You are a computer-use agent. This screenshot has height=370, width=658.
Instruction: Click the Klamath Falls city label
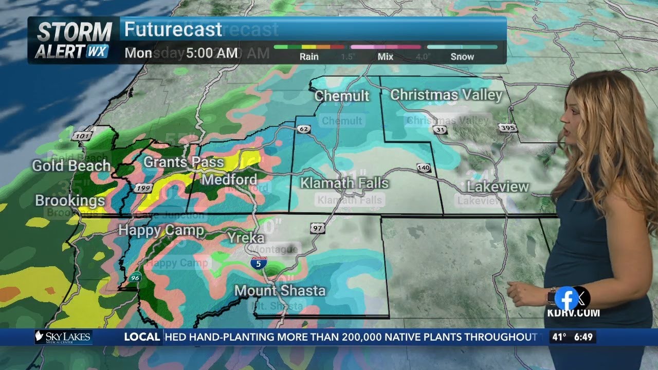[x=344, y=183]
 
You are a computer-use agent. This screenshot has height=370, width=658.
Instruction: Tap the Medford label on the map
[x=229, y=179]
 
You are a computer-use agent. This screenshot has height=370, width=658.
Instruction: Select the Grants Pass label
[x=184, y=162]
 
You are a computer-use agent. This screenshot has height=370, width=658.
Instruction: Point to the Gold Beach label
[x=71, y=165]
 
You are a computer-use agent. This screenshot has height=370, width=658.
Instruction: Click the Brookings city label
[x=70, y=200]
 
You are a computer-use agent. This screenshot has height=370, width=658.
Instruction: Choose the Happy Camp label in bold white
[x=161, y=230]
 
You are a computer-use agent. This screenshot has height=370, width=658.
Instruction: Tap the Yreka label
[x=246, y=237]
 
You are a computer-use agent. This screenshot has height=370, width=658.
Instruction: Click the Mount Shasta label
[x=280, y=290]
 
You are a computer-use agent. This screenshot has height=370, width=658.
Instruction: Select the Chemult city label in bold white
[x=342, y=96]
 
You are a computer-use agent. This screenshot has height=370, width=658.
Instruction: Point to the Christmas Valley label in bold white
[x=446, y=95]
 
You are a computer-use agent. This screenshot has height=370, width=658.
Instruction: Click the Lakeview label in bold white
[x=498, y=187]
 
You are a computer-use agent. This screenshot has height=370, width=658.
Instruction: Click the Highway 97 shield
[x=317, y=228]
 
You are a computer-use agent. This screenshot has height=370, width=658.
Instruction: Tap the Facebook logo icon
[x=567, y=298]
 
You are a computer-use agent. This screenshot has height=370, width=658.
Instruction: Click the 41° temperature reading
[x=558, y=337]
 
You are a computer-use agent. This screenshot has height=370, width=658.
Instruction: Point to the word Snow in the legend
[x=462, y=57]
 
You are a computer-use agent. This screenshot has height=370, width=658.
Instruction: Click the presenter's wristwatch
[x=551, y=297]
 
